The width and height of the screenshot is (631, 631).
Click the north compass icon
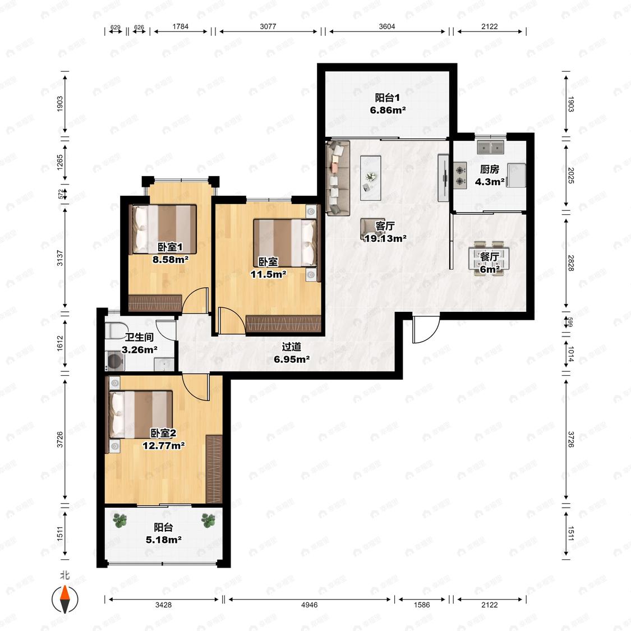pos(65,599)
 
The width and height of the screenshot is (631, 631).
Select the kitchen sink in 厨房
pos(491,148)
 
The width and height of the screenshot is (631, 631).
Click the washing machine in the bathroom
pos(116,361)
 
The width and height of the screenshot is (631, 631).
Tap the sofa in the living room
pos(337,177)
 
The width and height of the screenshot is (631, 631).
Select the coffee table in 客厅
pos(371,177)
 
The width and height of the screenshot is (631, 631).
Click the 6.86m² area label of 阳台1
pos(388,110)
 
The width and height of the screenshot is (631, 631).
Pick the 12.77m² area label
pos(163,445)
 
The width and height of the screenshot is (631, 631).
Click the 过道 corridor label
pos(291,347)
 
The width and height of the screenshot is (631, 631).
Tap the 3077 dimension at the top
pos(268,26)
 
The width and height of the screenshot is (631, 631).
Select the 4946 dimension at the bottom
pos(309,605)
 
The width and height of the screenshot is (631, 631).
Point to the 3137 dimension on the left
pos(60,258)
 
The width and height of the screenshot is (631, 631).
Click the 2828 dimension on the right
pos(570,263)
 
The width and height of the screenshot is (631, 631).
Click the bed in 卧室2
pos(141,414)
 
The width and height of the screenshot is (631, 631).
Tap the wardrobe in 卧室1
pos(155,303)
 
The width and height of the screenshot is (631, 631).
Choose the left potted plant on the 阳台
pos(120,521)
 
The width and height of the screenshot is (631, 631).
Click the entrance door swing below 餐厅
pos(426,330)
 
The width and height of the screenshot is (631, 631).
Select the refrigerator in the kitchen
pos(517,175)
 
